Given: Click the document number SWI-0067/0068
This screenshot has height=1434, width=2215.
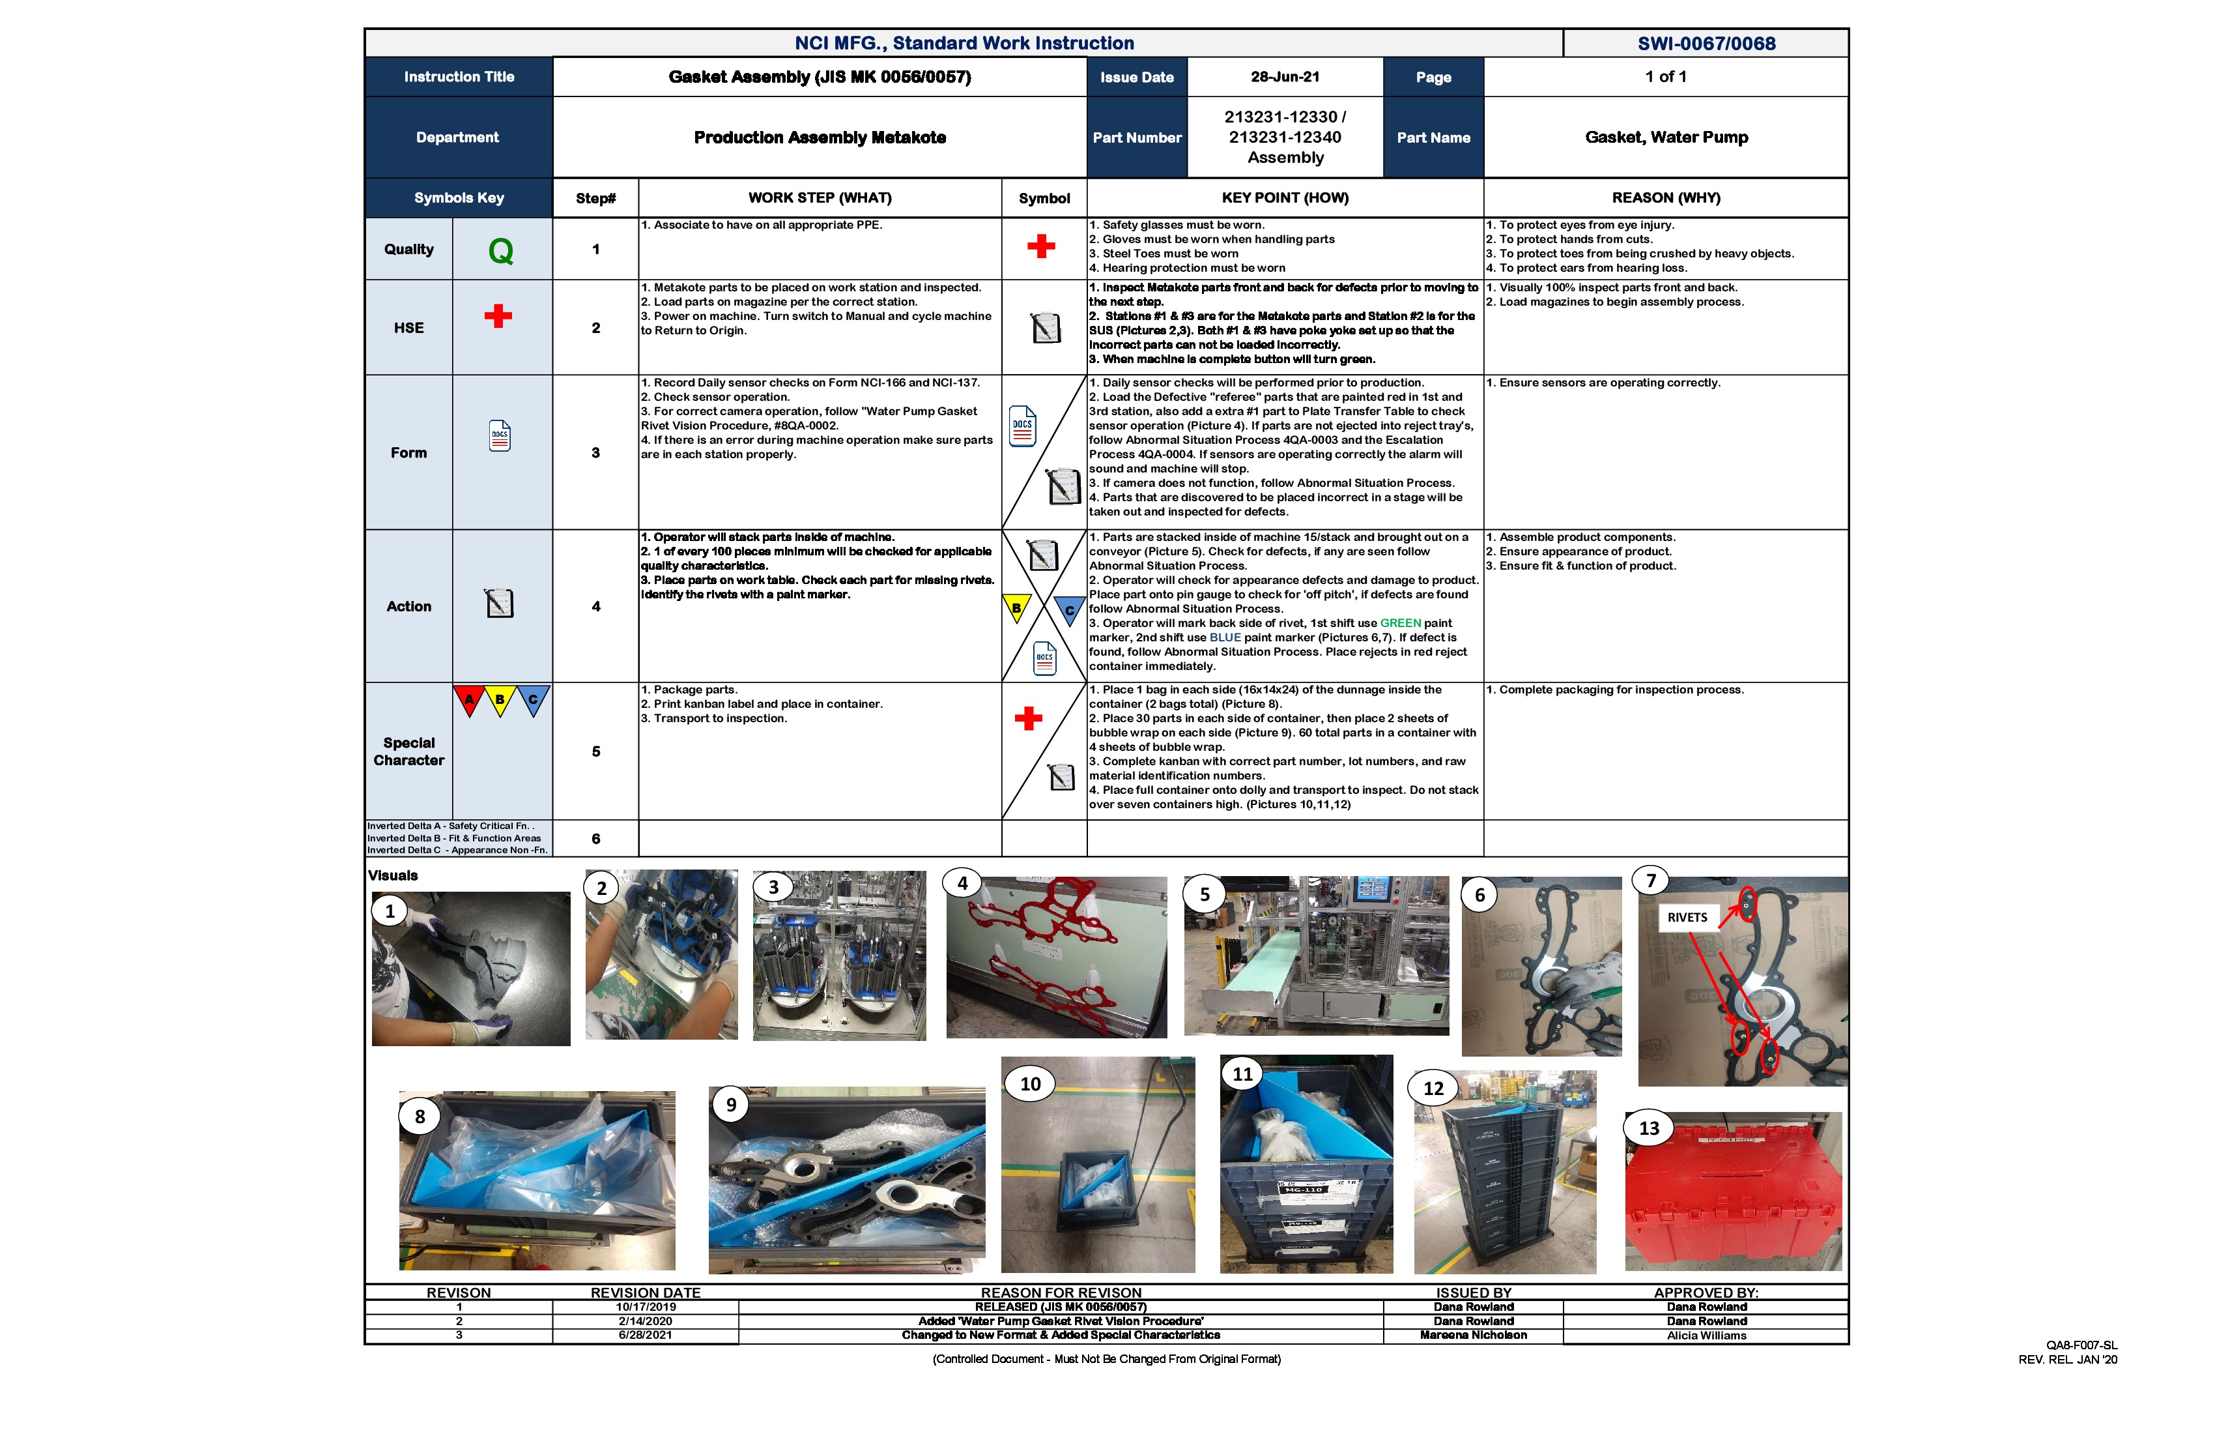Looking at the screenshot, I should (1706, 44).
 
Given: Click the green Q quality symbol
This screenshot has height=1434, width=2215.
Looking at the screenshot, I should (501, 250).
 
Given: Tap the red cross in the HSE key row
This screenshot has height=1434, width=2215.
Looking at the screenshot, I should (498, 317).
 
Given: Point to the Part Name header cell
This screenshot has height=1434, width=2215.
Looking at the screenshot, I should (1433, 138).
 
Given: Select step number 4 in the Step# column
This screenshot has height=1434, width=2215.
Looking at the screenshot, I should (595, 607).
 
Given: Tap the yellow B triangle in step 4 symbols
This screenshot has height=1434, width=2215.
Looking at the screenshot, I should (1016, 608).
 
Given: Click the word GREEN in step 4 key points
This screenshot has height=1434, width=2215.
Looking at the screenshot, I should (1400, 624).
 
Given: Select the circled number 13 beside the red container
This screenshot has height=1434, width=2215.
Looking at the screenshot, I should (1648, 1128).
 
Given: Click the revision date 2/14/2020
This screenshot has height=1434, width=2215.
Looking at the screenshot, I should (645, 1321).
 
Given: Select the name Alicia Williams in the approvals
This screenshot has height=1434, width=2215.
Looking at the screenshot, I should (1706, 1336).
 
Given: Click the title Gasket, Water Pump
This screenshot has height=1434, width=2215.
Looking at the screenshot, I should (1666, 138).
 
